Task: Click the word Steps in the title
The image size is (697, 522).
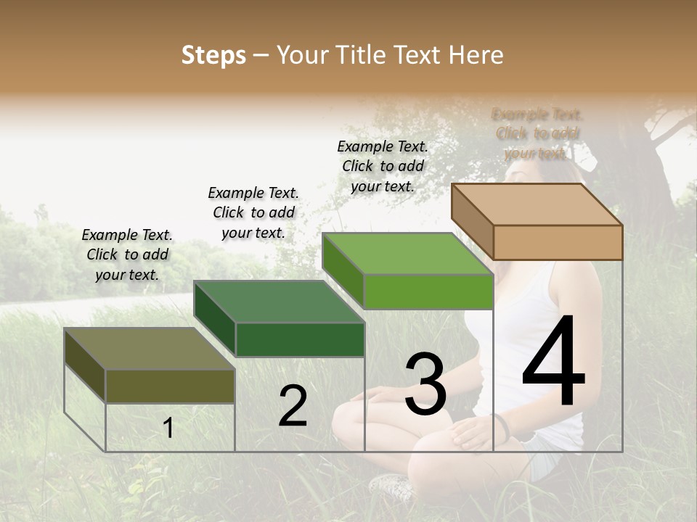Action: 213,56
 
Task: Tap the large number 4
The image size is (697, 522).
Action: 553,362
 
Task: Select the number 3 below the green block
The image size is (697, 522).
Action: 425,384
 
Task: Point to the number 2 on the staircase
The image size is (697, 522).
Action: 293,407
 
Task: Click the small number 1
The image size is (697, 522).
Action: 168,428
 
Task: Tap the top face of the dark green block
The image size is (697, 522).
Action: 280,301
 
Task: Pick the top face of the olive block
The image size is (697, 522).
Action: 150,349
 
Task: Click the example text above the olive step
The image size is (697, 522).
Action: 127,254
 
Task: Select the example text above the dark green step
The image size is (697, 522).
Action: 253,212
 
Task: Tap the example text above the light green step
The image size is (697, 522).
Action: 383,166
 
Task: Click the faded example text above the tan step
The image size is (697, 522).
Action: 537,133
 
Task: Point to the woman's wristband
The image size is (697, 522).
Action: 501,426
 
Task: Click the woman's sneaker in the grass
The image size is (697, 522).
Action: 392,486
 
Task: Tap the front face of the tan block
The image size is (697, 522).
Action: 558,242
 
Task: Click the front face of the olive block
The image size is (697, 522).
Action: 170,386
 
